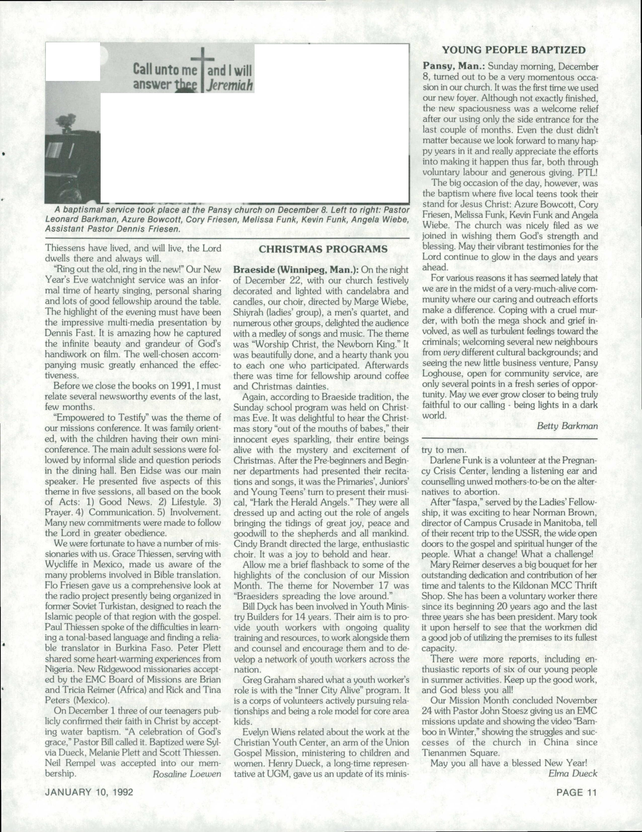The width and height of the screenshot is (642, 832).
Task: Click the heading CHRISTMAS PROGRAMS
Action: tap(323, 249)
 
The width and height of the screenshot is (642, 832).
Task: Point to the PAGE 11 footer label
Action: tap(576, 792)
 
